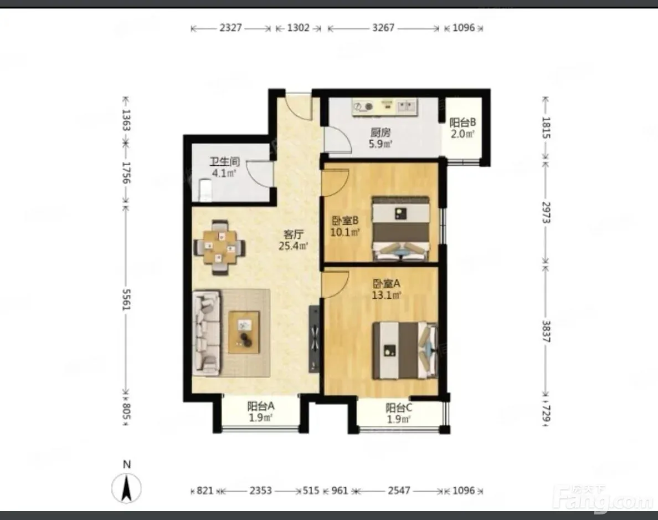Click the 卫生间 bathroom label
pos(224,162)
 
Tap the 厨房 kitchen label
pos(381,132)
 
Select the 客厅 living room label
pos(294,234)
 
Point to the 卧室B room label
pos(345,221)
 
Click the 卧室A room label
pos(386,283)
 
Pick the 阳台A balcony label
pos(261,406)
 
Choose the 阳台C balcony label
pos(399,407)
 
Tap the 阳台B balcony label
pos(462,122)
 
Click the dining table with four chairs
pos(219,247)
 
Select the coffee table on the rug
pos(244,332)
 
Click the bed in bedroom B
pos(401,228)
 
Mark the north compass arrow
pos(126,488)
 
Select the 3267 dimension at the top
pos(383,28)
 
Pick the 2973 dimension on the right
pos(546,212)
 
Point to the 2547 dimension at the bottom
pos(399,491)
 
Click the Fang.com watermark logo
pos(603,498)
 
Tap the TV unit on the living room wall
pos(314,339)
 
